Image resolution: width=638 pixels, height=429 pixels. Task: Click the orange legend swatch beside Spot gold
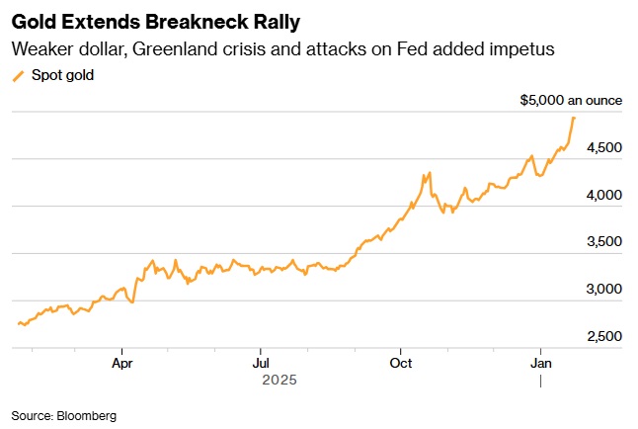18,75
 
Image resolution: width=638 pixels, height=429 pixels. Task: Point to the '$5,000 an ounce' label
570,101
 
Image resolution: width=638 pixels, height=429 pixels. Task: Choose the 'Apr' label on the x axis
121,363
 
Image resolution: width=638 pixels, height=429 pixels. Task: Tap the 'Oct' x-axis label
400,363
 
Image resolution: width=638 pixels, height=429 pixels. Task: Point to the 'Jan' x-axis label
540,363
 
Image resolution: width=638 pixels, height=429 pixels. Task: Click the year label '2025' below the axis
279,380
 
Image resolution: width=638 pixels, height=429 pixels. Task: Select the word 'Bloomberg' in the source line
88,416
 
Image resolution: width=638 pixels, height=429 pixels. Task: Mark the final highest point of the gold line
575,118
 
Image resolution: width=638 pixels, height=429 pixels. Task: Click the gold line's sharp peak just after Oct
428,173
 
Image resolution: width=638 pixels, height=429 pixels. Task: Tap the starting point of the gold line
19,323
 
